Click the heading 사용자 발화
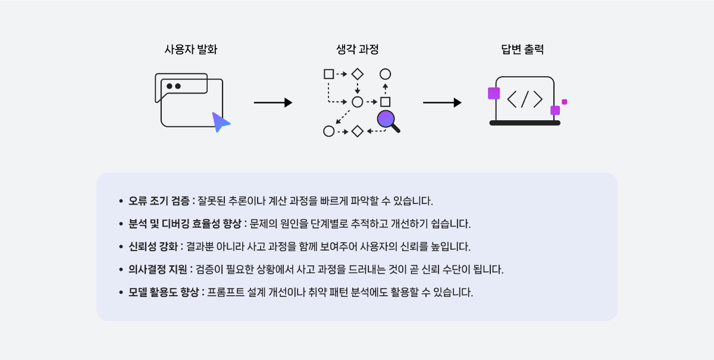tap(191, 50)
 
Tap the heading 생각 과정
tap(358, 50)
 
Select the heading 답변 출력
tap(522, 50)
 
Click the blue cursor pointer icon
tap(220, 121)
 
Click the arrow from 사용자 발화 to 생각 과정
tap(273, 102)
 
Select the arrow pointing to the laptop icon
tap(442, 102)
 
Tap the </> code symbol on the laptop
tap(525, 99)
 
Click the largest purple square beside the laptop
tap(494, 93)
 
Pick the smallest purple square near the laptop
tap(564, 102)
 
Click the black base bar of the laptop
tap(525, 123)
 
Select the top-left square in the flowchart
tap(328, 74)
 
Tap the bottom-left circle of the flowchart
tap(328, 131)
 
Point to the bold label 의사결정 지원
tap(158, 270)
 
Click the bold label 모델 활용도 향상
tap(164, 293)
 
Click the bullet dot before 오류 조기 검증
tap(121, 201)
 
